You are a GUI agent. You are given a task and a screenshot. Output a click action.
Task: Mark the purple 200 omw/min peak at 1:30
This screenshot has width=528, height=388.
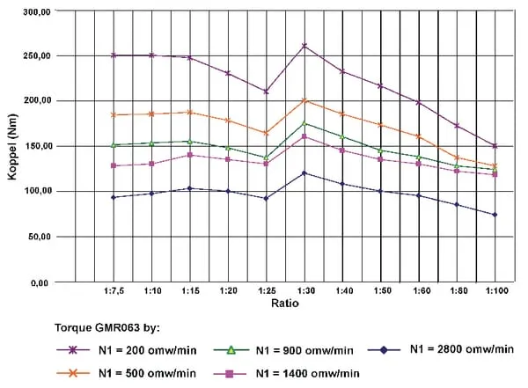click(x=304, y=46)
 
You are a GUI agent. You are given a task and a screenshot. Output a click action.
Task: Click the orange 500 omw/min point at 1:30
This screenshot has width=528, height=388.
click(x=304, y=100)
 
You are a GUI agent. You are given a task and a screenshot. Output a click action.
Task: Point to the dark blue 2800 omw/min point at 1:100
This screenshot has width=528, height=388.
click(x=495, y=215)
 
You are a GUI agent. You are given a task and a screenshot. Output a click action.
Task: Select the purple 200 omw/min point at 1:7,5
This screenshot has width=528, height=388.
click(x=114, y=55)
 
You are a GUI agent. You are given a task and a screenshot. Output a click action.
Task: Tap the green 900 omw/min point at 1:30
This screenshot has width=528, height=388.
click(x=304, y=123)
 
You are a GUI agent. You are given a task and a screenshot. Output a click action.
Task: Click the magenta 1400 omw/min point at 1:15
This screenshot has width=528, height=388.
click(x=189, y=155)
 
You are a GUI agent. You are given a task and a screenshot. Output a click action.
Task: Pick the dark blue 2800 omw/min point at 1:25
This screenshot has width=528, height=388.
click(x=266, y=198)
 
